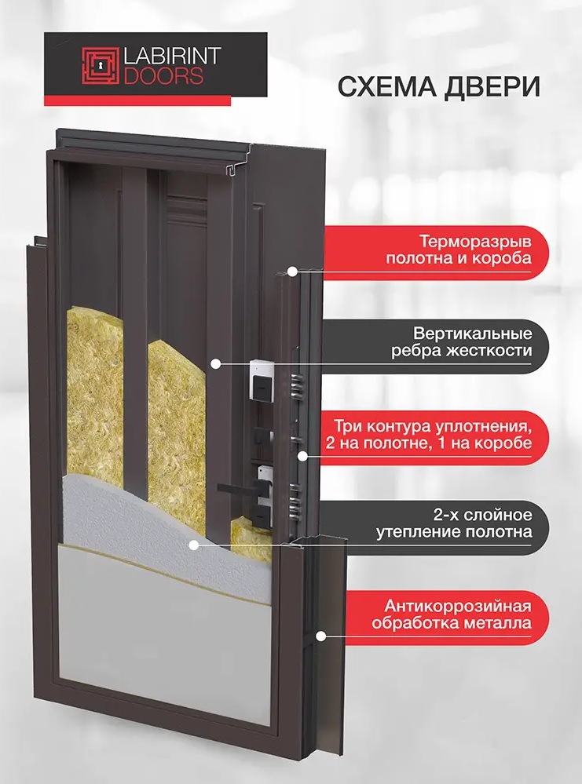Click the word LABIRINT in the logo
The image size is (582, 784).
click(172, 57)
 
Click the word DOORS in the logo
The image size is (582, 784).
click(163, 76)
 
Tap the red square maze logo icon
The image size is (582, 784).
click(101, 65)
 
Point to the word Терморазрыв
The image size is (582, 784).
click(475, 242)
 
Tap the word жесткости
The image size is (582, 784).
click(489, 351)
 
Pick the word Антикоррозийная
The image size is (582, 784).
click(457, 607)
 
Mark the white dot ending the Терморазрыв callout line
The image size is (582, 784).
click(292, 272)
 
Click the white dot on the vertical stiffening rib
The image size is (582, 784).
click(215, 364)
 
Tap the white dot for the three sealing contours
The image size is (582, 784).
click(302, 455)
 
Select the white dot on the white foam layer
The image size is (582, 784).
click(194, 545)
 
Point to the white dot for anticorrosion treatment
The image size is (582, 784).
click(320, 636)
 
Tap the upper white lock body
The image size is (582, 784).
click(262, 380)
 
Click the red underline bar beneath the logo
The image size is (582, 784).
click(137, 101)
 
